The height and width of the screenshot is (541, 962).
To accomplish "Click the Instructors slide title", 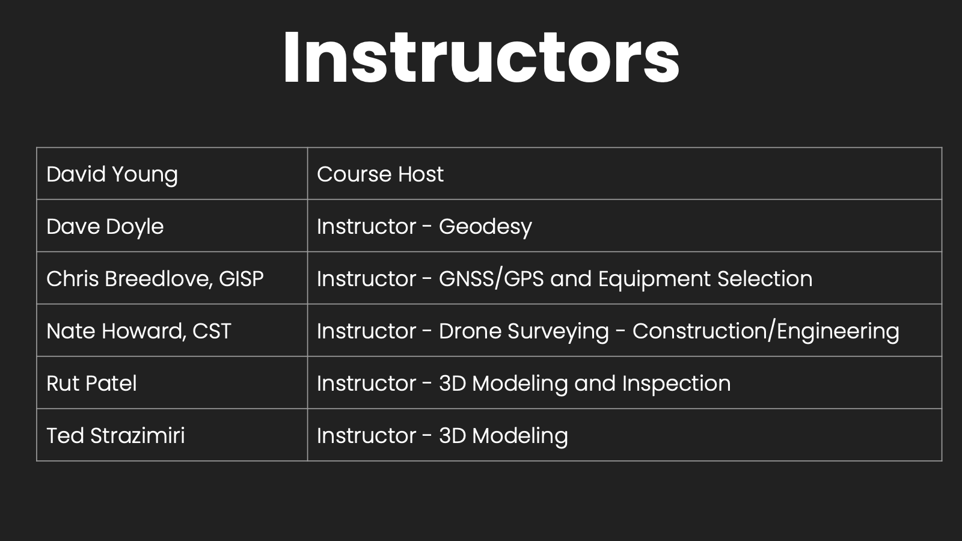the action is (481, 57).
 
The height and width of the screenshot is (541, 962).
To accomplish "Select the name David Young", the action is (112, 175).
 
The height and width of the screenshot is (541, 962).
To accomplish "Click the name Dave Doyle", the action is (105, 227).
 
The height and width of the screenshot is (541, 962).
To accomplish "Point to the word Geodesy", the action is (485, 227).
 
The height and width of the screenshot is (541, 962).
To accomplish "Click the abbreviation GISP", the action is (241, 279).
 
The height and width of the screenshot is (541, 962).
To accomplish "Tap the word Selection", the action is (765, 279).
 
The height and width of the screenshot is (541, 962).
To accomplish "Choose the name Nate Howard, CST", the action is (139, 331).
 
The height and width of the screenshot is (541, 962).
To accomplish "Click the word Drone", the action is (470, 331).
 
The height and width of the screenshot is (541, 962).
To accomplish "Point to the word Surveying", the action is (559, 332).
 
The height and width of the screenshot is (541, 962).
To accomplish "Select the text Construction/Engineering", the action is (766, 332).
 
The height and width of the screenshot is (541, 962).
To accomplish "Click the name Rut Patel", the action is (91, 384).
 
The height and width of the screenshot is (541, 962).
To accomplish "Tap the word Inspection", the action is (676, 384).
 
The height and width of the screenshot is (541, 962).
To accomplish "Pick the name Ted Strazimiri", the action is (115, 436).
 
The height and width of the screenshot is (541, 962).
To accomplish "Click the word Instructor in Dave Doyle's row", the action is (366, 226).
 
